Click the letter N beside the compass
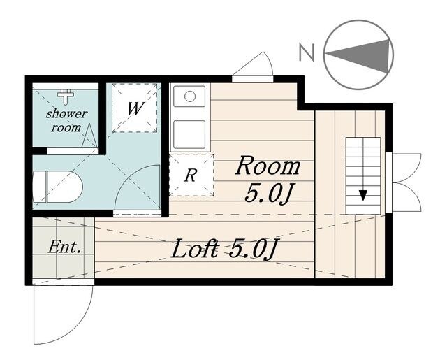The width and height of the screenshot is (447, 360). point(307,52)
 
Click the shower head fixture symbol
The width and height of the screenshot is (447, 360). point(66,96)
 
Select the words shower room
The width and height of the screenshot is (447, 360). point(67,121)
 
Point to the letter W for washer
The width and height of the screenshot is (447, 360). point(135,108)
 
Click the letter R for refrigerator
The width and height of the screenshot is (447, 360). point(191,175)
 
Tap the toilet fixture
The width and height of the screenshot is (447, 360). point(58,187)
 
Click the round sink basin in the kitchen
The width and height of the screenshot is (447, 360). point(189,96)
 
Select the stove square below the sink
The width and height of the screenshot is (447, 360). point(189,134)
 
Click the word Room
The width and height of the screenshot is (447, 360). point(268,166)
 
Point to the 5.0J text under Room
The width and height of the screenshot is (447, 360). point(269,194)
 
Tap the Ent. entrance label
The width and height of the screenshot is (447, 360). point(64,247)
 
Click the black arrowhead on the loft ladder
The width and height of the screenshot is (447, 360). point(362,195)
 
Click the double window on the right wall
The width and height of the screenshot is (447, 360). point(405,182)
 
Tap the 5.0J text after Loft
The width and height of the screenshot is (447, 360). point(254,248)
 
